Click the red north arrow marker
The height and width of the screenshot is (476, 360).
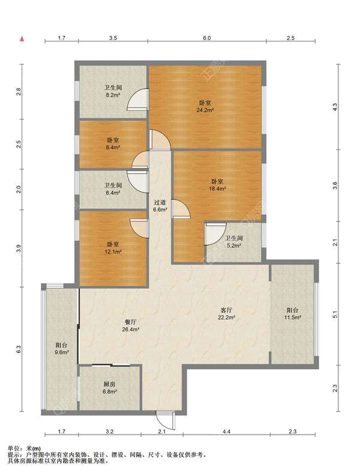[22, 39]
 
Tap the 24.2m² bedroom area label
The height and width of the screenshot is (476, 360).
[205, 107]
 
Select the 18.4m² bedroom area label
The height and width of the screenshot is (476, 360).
[218, 185]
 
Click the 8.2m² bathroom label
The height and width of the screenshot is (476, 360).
[113, 91]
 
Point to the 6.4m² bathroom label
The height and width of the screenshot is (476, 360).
[113, 188]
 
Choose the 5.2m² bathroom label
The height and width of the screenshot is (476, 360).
[234, 242]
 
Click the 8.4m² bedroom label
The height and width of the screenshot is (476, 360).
[113, 144]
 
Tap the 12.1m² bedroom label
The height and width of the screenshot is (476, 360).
[113, 248]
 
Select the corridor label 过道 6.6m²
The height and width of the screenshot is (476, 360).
[160, 205]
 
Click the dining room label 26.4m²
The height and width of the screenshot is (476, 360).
[131, 325]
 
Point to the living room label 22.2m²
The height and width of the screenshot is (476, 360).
[226, 314]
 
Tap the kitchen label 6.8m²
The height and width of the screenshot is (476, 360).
[109, 388]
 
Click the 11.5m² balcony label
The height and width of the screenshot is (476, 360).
[292, 314]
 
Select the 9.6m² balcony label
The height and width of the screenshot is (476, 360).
[62, 349]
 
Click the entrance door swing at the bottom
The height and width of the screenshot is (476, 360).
[166, 420]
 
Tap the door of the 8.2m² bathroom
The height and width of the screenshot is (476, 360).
[138, 99]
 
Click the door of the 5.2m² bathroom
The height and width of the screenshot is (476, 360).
[215, 233]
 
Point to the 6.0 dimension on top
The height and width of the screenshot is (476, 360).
[206, 38]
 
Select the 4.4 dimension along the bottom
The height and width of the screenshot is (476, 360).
[226, 431]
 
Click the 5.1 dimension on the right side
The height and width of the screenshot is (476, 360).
[335, 315]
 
